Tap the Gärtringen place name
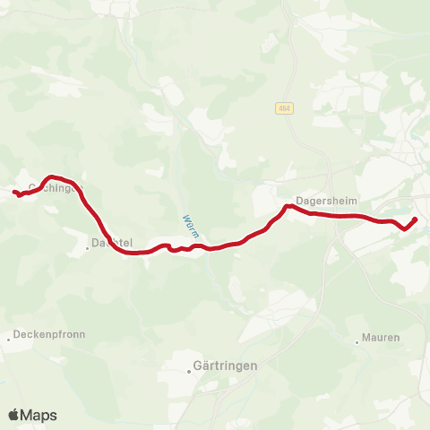pos(226,365)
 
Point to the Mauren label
pos(382,338)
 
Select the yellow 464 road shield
pos(284,108)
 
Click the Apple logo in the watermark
pos(13,415)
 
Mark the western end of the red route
pos(14,192)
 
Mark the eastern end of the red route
pos(415,219)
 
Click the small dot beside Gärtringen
pos(187,365)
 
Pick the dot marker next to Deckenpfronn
pos(9,339)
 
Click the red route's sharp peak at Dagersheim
pos(287,207)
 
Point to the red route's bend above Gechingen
pos(51,177)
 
